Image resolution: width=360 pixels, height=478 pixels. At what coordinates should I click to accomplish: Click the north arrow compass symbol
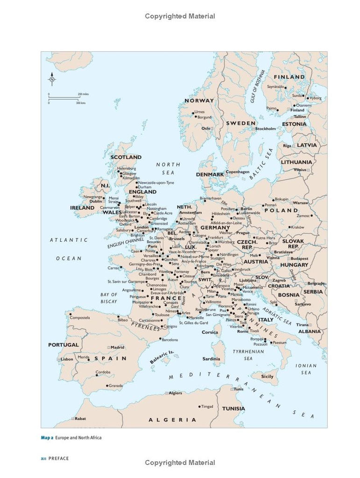pos(52,79)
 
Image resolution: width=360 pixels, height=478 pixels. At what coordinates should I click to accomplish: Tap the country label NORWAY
pos(199,100)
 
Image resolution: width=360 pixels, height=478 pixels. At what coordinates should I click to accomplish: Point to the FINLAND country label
pos(289,77)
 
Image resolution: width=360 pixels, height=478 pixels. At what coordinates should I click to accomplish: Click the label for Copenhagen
pos(237,172)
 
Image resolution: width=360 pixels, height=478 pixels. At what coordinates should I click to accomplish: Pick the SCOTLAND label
pos(126,157)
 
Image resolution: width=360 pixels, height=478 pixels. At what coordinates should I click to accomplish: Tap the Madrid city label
pos(117,347)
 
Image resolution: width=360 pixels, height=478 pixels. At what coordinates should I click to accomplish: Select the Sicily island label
pos(267,376)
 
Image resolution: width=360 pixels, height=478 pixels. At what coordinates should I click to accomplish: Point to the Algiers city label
pos(175,393)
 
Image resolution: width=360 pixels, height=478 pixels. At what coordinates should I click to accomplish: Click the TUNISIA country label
pos(233,408)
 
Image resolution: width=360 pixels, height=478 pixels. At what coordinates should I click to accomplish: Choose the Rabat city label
pos(80,418)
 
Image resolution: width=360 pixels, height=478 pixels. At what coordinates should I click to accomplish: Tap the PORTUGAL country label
pos(64,345)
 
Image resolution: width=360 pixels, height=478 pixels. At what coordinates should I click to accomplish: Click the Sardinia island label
pos(211,358)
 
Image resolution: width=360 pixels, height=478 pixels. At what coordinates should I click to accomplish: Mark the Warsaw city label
pos(301,203)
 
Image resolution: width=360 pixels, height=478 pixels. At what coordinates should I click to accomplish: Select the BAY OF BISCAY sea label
pos(109,298)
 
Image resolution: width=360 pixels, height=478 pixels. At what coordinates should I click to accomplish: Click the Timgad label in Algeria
pos(206,406)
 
